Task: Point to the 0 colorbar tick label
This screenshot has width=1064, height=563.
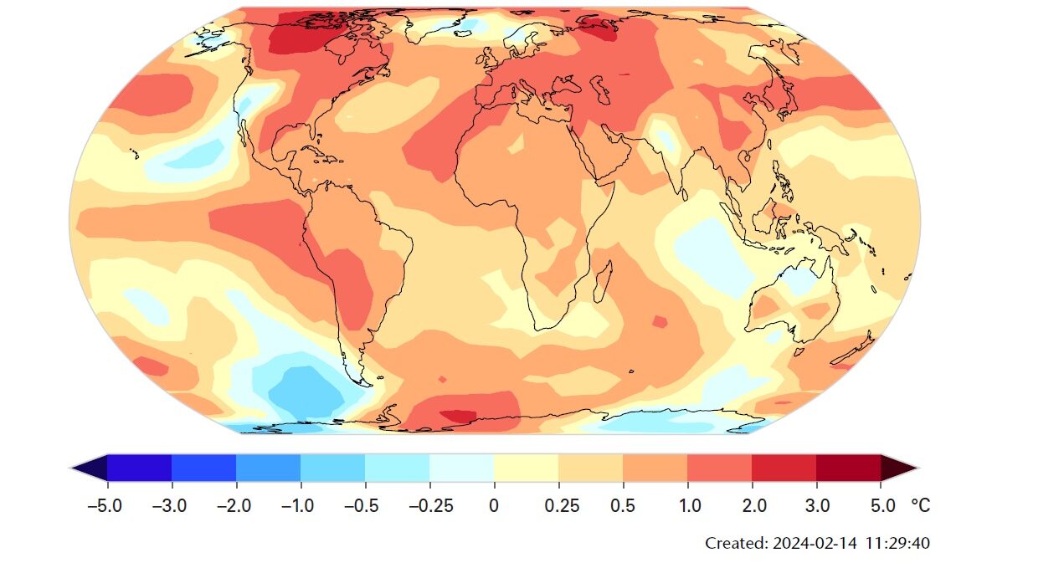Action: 494,506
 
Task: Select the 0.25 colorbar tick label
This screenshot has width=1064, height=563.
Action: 558,506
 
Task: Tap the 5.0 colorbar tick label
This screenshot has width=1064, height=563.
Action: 881,506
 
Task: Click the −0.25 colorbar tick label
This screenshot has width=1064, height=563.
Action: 429,506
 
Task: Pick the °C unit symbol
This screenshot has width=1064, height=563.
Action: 920,506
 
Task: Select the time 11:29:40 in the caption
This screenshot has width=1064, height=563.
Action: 898,543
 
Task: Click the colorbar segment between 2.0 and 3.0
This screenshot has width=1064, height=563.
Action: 784,468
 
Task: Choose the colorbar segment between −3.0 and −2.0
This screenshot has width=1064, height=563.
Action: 204,468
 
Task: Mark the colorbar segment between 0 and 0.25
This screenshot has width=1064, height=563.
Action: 526,468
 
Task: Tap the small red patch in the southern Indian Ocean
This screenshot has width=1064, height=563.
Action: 660,321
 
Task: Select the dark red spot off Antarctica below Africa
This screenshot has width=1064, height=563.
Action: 458,415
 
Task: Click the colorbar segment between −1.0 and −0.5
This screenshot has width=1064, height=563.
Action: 333,468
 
